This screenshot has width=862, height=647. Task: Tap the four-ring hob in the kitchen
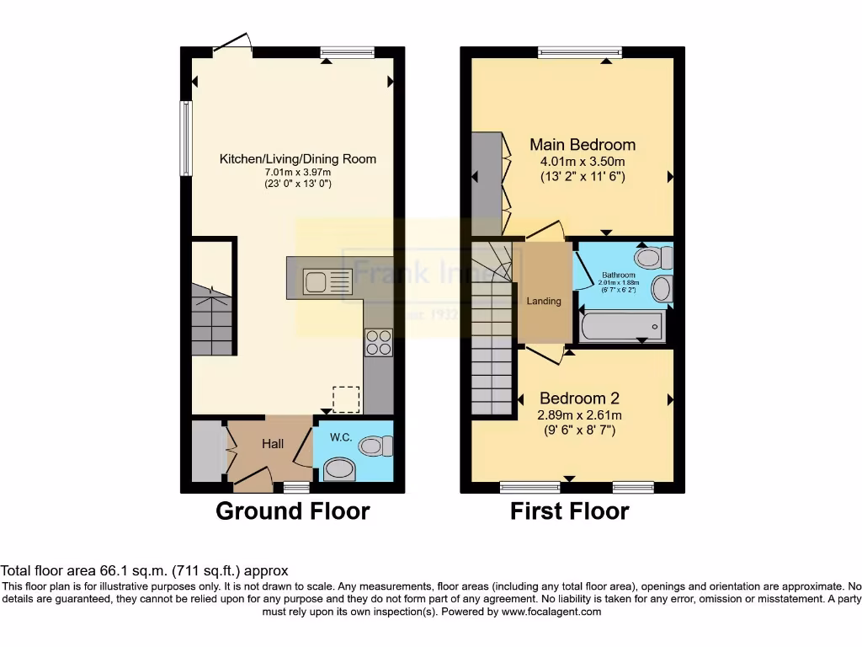tap(378, 342)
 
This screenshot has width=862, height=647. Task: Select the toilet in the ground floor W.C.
tap(376, 444)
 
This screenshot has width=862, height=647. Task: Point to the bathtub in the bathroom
tap(622, 325)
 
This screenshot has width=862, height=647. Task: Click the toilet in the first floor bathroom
tap(653, 257)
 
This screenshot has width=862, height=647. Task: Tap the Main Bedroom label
tap(582, 144)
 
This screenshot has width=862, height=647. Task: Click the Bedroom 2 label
tap(579, 398)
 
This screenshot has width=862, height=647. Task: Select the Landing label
tap(544, 301)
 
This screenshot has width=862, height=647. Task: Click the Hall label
tap(272, 443)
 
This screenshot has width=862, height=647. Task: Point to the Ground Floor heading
tap(293, 511)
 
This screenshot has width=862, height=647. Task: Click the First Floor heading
tap(570, 511)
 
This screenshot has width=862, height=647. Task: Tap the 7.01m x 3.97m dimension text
tap(298, 172)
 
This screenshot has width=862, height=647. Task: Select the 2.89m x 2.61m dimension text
tap(579, 414)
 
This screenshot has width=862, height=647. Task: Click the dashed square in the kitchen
tap(346, 399)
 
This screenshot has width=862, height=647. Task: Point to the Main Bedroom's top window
tap(580, 52)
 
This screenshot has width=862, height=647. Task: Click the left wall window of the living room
tap(186, 139)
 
